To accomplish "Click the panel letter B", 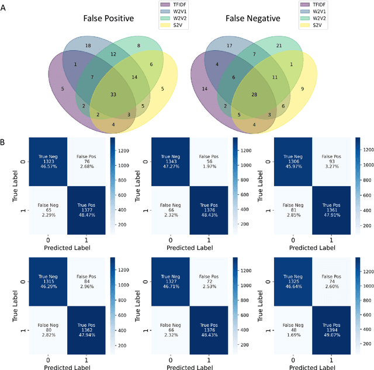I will point(5,141).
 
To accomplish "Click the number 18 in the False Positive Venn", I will point(88,46).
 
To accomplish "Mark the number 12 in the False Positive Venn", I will point(113,54).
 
